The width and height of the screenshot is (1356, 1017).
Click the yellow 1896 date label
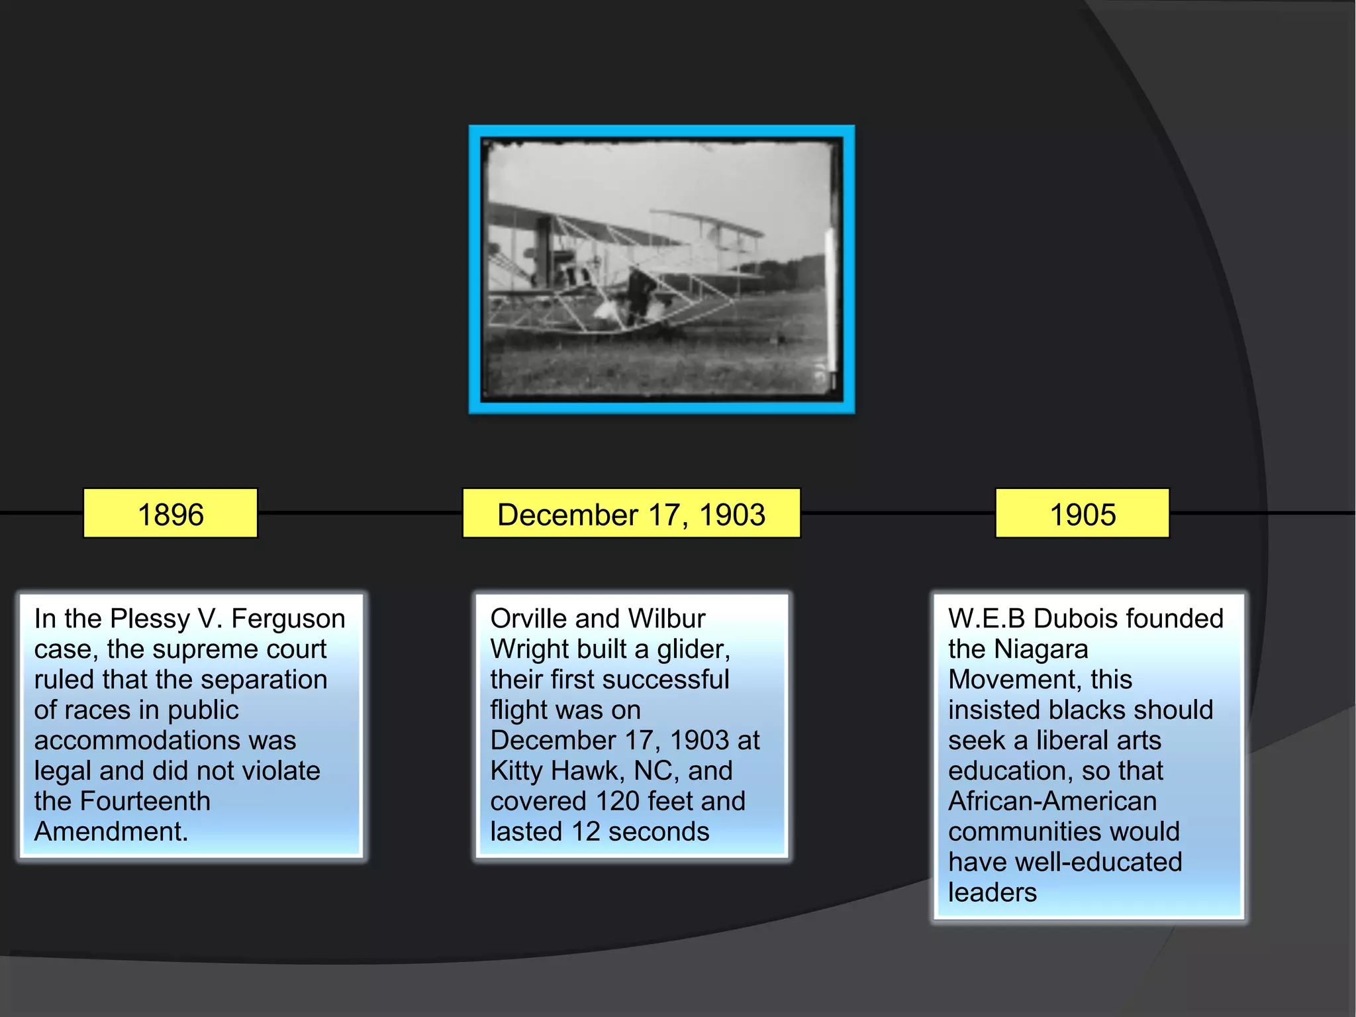(170, 514)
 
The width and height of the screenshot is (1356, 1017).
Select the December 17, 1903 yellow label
(631, 514)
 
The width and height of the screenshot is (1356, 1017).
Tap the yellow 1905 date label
(1082, 514)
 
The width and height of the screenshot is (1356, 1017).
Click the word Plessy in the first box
(150, 619)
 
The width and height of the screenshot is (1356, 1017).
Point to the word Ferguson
(288, 619)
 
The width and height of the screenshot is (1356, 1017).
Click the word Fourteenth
(145, 802)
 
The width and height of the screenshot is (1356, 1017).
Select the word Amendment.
(111, 832)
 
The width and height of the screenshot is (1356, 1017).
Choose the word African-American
(1052, 802)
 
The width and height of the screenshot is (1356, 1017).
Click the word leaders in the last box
(992, 893)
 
